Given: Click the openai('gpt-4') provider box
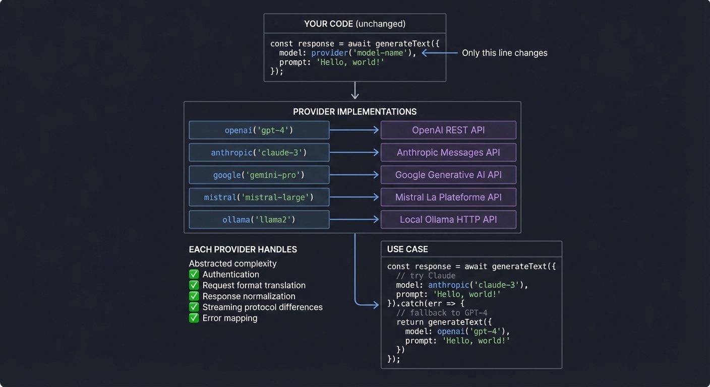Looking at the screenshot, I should coord(259,130).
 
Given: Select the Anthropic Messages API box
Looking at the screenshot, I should coord(448,153).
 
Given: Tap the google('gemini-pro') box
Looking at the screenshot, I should coord(259,175).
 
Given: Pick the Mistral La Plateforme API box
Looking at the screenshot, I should coord(448,198).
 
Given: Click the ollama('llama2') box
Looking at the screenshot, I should coord(259,220).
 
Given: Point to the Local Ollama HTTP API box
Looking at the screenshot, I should coord(448,220).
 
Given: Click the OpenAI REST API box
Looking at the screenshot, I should coord(448,130).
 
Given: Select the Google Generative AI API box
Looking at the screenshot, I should coord(448,175).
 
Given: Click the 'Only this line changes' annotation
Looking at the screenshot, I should coord(504,53).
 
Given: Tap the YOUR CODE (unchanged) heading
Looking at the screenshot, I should coord(354,24).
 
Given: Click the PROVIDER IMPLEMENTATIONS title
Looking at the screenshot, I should coord(354,112).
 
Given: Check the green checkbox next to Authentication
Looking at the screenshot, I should coord(194,275).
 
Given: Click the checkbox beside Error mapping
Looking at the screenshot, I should coord(194,318).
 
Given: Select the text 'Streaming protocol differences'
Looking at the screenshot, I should coord(262,307).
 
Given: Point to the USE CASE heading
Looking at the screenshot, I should coord(407,249).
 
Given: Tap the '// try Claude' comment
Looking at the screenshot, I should coord(426,276).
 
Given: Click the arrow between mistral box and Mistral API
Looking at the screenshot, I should coord(354,198).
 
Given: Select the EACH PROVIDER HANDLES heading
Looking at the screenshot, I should coord(243,249).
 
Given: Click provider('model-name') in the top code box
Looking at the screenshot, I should coord(364,53).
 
